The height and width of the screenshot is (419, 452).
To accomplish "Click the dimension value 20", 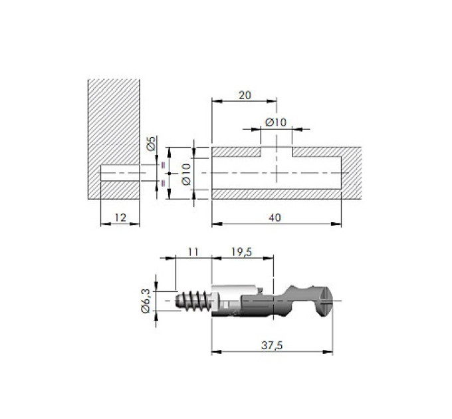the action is click(x=245, y=95).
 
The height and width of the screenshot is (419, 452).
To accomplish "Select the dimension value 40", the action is click(x=275, y=217).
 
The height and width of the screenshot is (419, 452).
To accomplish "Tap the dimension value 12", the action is click(x=120, y=217).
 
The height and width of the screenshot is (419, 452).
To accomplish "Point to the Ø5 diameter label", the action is click(x=151, y=143).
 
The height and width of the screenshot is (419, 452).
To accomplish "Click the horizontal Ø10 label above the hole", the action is click(x=276, y=122).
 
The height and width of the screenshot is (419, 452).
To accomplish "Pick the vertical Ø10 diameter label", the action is click(x=186, y=174).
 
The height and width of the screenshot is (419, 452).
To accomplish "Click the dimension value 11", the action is click(x=193, y=252).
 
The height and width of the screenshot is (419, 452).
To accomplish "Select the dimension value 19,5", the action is click(x=241, y=252).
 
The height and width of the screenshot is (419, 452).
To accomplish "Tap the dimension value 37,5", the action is click(x=272, y=345).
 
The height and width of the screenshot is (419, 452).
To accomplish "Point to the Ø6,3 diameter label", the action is click(x=146, y=301).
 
